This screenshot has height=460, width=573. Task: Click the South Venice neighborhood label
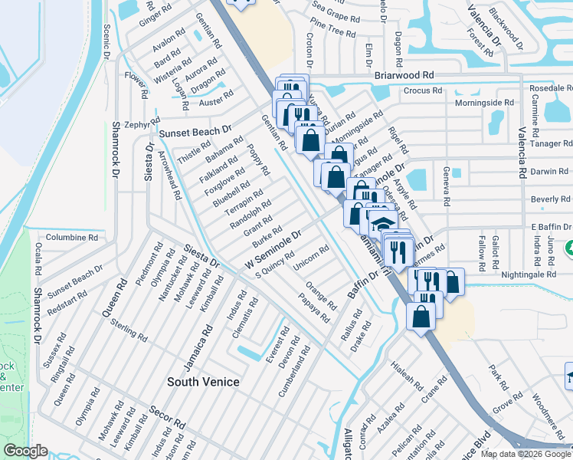[204, 382]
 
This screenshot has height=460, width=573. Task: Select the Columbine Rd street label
[71, 238]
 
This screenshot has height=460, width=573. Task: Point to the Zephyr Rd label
[137, 123]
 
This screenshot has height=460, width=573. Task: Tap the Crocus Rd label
[424, 90]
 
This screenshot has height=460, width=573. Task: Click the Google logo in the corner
[26, 451]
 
